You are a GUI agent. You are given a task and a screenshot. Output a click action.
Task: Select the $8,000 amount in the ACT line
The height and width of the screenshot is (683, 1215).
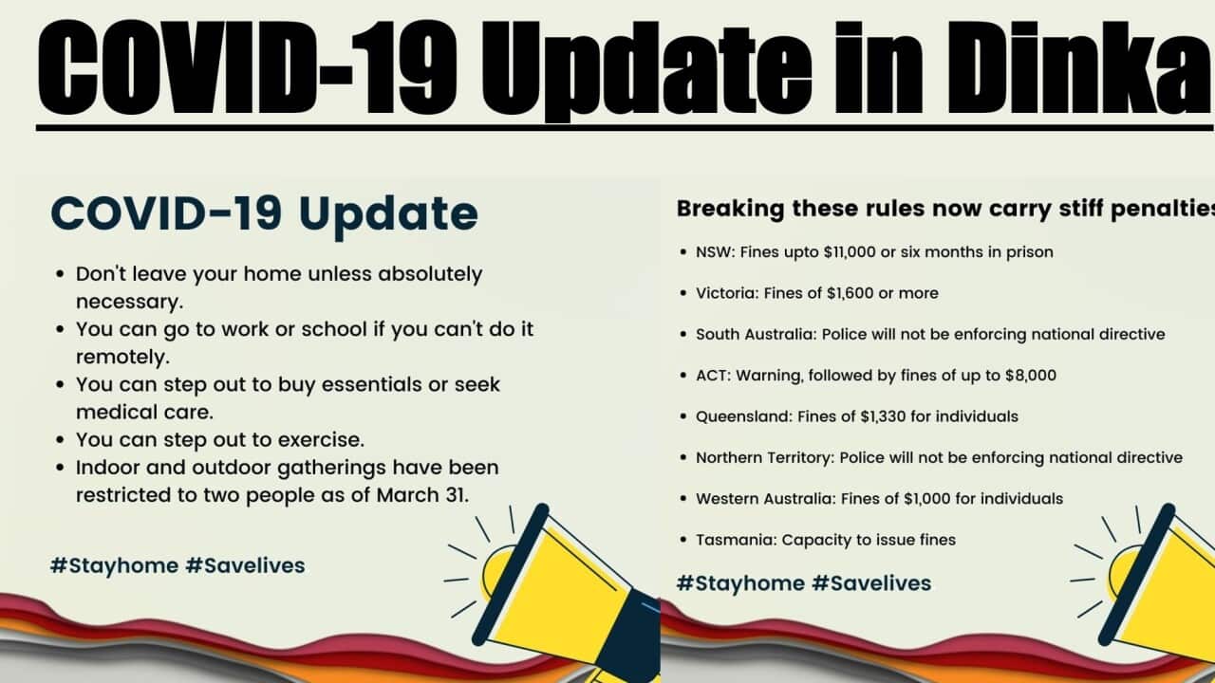(1030, 375)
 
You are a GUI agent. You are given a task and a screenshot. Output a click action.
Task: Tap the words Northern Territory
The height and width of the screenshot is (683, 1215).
(764, 457)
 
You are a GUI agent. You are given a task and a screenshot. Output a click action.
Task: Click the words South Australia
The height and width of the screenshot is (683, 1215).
(755, 334)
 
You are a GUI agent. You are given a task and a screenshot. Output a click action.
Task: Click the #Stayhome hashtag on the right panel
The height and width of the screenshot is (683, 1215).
(739, 582)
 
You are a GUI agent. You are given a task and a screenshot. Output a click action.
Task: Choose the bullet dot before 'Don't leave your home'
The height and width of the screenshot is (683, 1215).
(59, 275)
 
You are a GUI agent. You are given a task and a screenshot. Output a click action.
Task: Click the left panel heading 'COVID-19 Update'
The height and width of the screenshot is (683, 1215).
(264, 213)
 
